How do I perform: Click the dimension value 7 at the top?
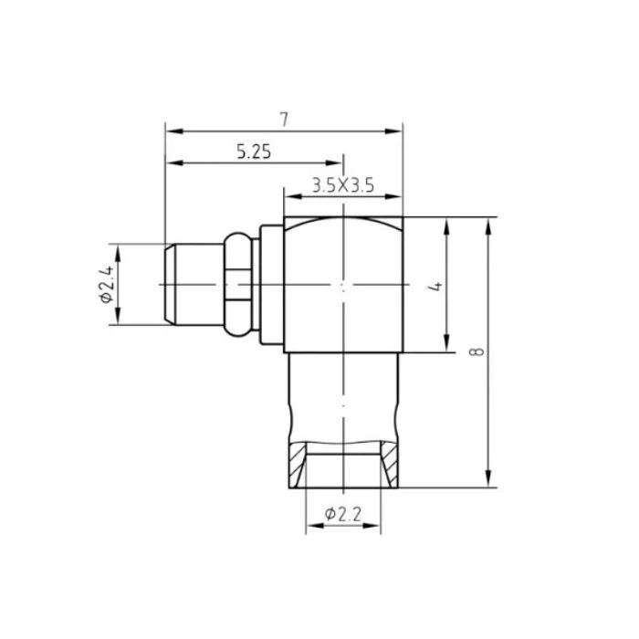pos(284,119)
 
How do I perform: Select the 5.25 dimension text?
pos(254,152)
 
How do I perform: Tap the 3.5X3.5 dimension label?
pos(343,185)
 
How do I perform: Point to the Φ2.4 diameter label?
pos(107,285)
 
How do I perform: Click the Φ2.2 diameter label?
pos(342,514)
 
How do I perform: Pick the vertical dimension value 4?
pos(435,286)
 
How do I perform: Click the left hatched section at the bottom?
pos(297,465)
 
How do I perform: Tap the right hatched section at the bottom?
pos(390,465)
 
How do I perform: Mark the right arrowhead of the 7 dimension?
pos(393,131)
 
